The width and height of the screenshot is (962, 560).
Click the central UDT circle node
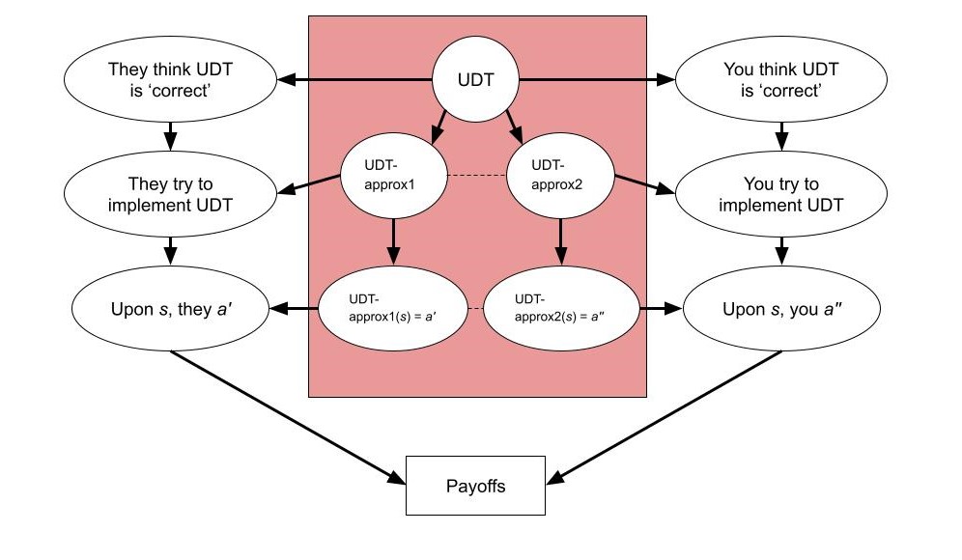coord(474,81)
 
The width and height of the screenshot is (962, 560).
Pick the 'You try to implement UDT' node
coord(781,194)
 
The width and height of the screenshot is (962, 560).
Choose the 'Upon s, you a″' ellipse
coord(781,310)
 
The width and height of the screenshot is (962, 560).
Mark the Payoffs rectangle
coord(474,486)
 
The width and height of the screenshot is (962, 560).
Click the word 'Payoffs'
coord(474,486)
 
